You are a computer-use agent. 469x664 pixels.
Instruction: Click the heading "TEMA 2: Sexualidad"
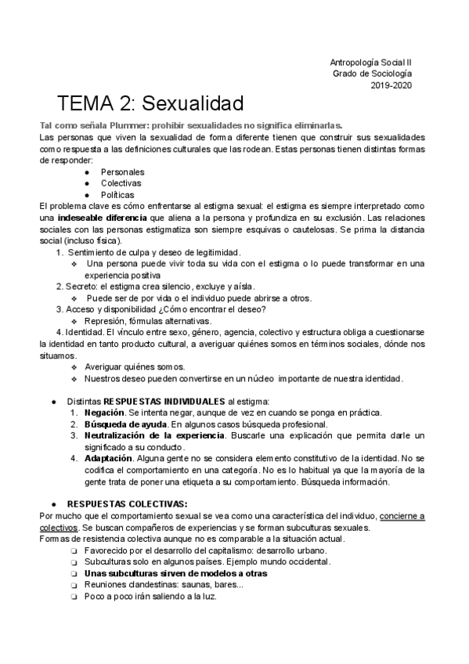pos(150,103)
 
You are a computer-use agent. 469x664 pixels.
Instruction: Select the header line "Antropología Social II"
pos(370,62)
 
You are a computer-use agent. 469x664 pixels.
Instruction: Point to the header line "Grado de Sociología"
pos(372,74)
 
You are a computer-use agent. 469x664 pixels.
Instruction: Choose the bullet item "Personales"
pos(122,171)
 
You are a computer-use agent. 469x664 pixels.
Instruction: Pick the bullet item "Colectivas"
pos(121,183)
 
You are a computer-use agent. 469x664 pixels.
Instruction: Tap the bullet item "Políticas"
pos(117,195)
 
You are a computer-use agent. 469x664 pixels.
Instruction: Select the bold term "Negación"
pos(104,413)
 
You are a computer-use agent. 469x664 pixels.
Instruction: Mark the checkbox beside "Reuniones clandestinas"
pos(73,584)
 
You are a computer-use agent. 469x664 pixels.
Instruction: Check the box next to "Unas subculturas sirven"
pos(73,573)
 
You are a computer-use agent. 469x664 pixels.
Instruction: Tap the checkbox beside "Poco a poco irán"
pos(73,596)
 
